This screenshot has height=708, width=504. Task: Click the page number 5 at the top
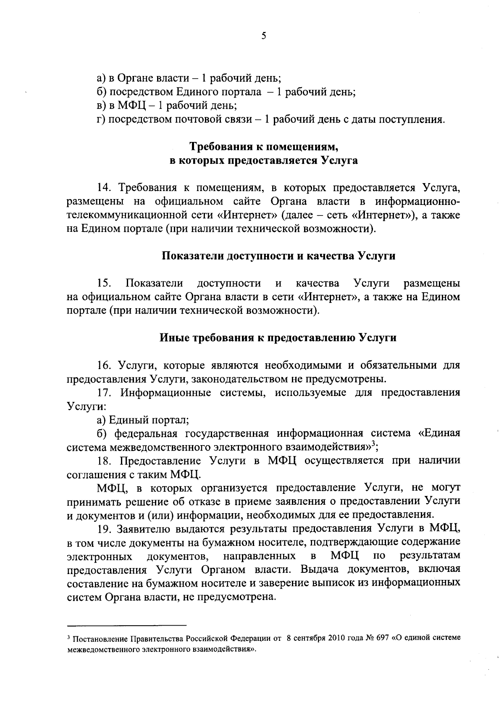click(263, 36)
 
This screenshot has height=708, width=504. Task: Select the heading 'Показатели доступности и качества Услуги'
click(278, 256)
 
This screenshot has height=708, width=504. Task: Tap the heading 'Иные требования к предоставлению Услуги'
click(278, 338)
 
